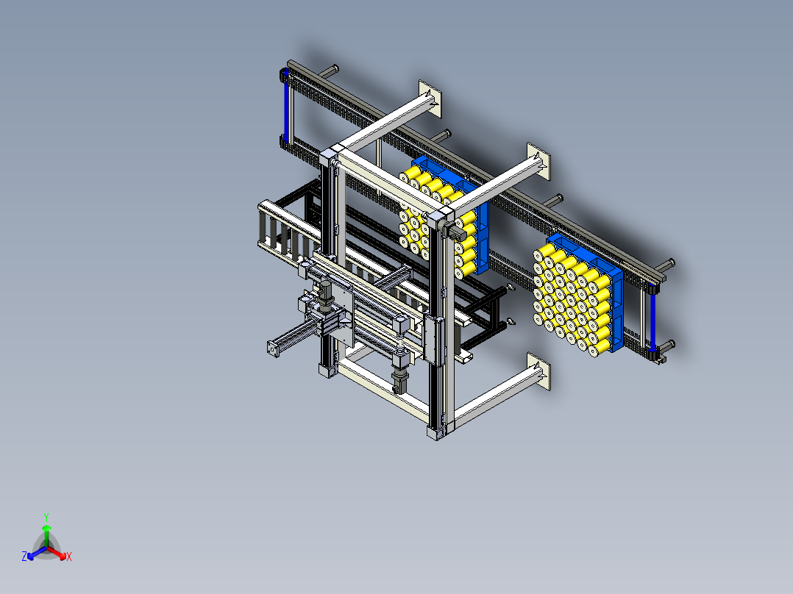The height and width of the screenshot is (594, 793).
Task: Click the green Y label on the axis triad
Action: click(x=46, y=517)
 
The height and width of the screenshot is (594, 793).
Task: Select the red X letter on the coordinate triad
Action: click(x=69, y=557)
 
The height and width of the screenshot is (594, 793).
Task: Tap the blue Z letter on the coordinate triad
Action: click(x=24, y=556)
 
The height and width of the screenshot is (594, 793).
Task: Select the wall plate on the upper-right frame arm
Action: click(x=538, y=161)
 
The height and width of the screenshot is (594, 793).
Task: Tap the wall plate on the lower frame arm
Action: click(x=538, y=371)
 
